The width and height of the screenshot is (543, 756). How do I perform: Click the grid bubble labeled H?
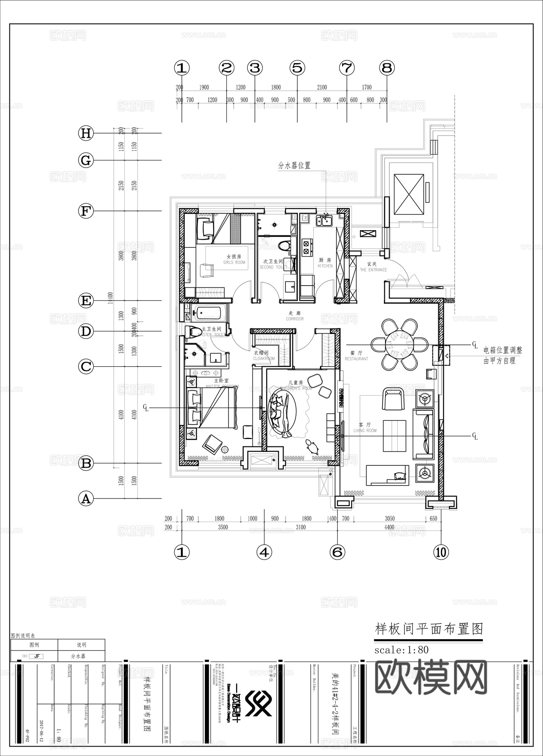click(86, 133)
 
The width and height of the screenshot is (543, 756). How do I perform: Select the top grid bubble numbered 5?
click(297, 68)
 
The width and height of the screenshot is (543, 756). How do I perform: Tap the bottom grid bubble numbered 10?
click(441, 552)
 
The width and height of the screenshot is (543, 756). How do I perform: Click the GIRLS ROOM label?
click(234, 260)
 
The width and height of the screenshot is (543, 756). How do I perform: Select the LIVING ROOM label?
click(365, 428)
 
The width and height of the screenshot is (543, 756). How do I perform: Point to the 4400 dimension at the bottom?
click(389, 527)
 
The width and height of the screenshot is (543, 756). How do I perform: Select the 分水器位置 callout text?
click(294, 165)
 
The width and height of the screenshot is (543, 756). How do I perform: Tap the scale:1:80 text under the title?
click(401, 650)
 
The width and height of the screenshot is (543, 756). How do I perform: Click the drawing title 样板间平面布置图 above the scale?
click(428, 629)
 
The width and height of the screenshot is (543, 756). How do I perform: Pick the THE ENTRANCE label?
click(373, 267)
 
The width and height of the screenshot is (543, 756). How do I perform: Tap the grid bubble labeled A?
click(86, 499)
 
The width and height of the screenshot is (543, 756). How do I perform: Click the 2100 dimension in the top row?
click(322, 87)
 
